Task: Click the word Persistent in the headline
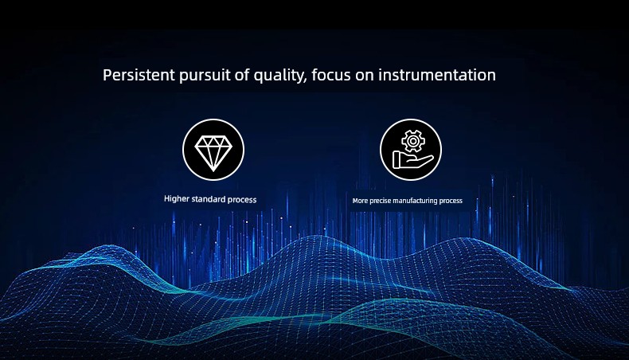(x=139, y=75)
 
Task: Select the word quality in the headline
(x=279, y=76)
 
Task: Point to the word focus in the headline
(x=331, y=75)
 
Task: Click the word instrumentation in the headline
(x=437, y=75)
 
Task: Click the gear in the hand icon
(x=412, y=141)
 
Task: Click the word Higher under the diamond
(x=177, y=199)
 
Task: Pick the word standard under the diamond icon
(x=208, y=199)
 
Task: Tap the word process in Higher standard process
(x=242, y=200)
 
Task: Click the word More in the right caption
(x=360, y=201)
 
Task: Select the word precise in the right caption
(x=381, y=201)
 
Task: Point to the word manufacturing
(x=417, y=201)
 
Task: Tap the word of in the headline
(x=242, y=75)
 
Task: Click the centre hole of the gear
(x=412, y=141)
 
